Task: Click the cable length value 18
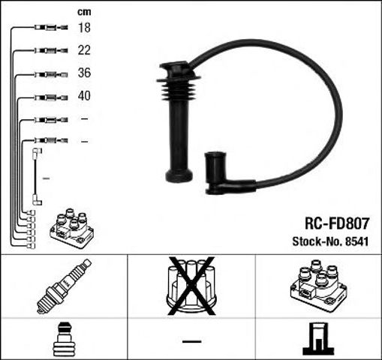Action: click(x=85, y=28)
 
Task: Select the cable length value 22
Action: click(x=85, y=51)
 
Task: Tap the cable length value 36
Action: click(x=85, y=73)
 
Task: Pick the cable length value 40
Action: click(x=85, y=97)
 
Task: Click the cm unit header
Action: click(x=84, y=10)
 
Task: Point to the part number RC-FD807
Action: click(x=336, y=223)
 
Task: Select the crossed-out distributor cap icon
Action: click(x=190, y=284)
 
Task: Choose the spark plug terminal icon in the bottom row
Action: click(x=64, y=339)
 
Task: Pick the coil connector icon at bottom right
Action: click(x=317, y=339)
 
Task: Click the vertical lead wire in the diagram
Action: click(x=37, y=176)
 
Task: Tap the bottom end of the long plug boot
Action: click(x=178, y=178)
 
